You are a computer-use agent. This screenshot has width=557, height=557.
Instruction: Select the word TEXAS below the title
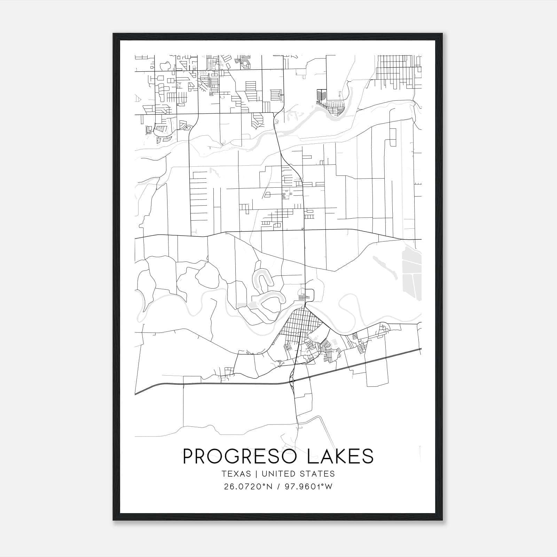pos(236,474)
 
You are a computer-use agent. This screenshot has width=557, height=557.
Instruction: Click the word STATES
pos(317,474)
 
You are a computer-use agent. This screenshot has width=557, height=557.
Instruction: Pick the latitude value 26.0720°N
pos(247,487)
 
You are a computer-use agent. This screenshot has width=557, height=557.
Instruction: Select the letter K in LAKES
pos(337,456)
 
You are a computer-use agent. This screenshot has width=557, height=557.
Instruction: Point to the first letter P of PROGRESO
pos(188,456)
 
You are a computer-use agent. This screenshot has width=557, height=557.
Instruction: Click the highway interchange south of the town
pos(292,381)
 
